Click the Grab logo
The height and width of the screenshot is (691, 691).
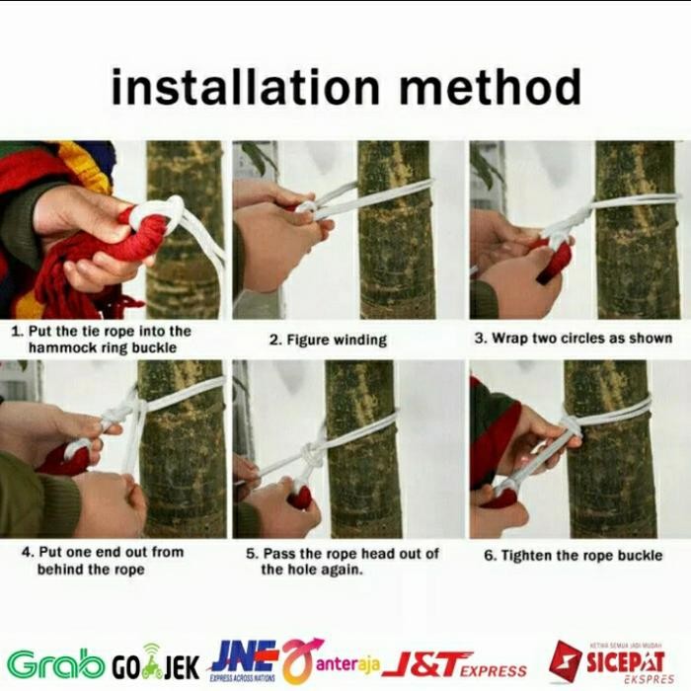click(x=55, y=663)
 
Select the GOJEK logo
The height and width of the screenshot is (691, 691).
click(x=155, y=664)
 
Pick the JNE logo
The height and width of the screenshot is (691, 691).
click(x=243, y=660)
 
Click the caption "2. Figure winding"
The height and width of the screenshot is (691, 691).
click(x=329, y=340)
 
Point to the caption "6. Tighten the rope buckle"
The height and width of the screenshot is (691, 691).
click(x=573, y=556)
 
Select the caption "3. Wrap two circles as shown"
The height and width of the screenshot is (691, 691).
click(x=574, y=338)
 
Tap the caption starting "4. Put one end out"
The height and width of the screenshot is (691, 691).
click(x=102, y=561)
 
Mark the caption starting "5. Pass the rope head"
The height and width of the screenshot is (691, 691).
click(x=343, y=561)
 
